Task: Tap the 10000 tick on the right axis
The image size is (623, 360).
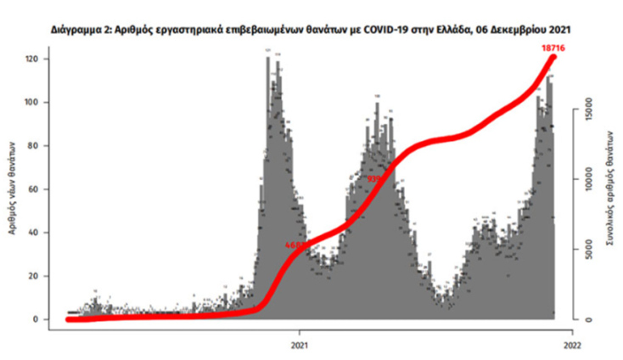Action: click(586, 179)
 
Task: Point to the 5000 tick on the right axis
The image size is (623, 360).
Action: click(586, 250)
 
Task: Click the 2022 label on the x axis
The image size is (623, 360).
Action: click(573, 343)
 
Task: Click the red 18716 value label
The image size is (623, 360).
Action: click(553, 49)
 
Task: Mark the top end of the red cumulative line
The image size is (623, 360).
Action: click(553, 57)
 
